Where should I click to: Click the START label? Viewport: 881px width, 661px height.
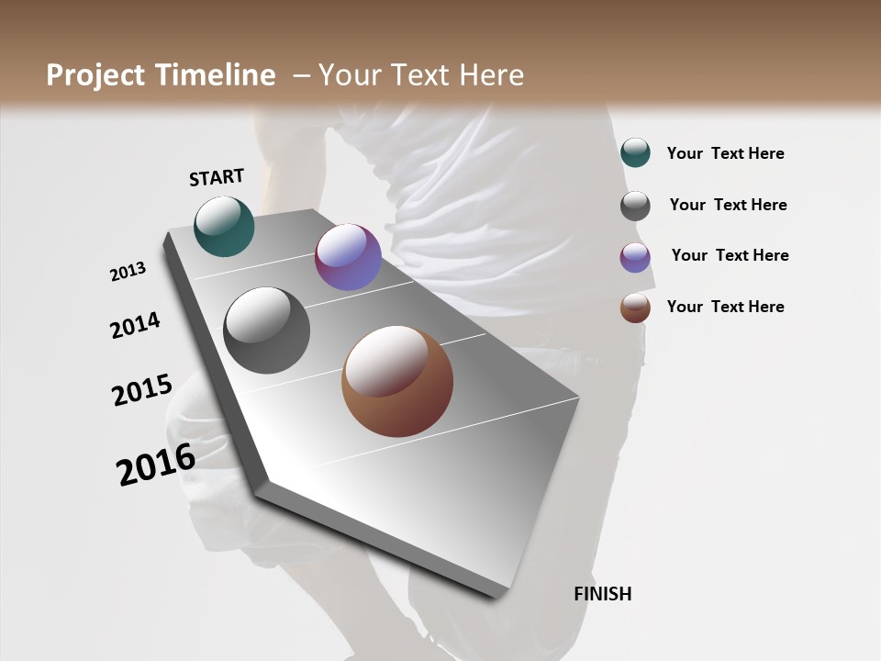pos(217,177)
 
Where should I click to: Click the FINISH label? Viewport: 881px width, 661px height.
pos(602,594)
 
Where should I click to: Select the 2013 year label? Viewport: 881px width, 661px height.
pos(128,272)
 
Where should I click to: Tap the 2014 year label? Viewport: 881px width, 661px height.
pos(135,325)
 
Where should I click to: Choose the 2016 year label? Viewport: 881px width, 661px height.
pos(156,465)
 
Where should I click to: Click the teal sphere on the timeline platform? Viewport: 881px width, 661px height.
pos(224,226)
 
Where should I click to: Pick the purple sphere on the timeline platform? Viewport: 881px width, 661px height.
pos(348,257)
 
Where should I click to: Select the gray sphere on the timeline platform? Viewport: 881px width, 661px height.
pos(266,330)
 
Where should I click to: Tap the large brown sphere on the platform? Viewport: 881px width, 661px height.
pos(397,381)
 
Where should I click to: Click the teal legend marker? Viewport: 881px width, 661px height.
pos(635,153)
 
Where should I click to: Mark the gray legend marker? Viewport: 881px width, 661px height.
pos(635,206)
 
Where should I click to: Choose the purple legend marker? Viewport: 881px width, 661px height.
pos(635,257)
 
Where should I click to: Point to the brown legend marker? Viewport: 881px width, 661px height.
pos(635,308)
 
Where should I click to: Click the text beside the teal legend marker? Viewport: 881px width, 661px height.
pos(725,153)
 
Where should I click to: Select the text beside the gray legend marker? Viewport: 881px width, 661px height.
pos(728,205)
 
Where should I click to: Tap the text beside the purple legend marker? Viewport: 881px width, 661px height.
pos(730,255)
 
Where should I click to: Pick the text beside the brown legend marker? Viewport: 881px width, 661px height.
pos(725,307)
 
